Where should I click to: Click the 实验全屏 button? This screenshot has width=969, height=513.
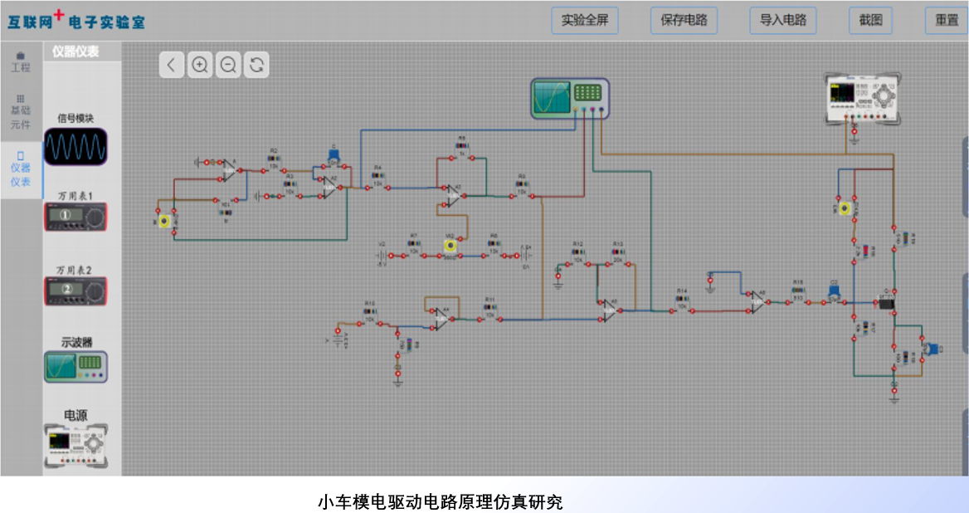(x=584, y=20)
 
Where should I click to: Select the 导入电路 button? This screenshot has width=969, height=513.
(x=782, y=20)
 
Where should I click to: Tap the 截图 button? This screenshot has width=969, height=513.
(x=870, y=20)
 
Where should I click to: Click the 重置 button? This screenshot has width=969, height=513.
(x=946, y=20)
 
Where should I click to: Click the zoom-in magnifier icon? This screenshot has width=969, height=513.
(x=200, y=64)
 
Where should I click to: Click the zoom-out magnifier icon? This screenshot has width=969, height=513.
(x=228, y=64)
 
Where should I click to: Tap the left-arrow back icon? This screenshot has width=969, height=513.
(x=172, y=64)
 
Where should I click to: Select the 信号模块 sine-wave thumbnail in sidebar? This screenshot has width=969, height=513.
(x=75, y=146)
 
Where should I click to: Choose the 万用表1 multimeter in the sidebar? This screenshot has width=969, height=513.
(x=75, y=218)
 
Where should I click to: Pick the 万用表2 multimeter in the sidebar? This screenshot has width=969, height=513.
(x=75, y=290)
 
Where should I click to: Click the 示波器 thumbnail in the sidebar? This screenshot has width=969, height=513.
(x=75, y=365)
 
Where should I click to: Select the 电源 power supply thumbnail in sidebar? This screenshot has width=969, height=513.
(x=75, y=446)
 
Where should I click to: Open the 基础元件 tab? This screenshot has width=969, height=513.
(x=20, y=111)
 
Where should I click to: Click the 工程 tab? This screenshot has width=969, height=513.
(x=20, y=61)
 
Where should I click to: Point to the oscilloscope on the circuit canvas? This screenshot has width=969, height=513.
(x=570, y=98)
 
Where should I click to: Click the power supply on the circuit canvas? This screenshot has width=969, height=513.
(x=861, y=97)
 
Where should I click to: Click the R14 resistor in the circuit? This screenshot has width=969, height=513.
(x=682, y=304)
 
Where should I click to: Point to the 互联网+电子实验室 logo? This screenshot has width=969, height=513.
(x=76, y=20)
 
